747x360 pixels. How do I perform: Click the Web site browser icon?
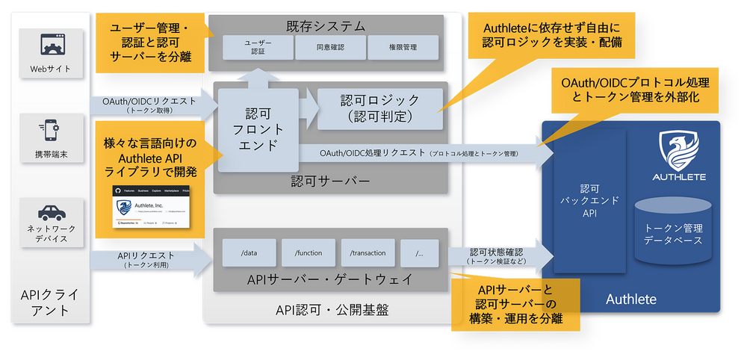[x=51, y=46]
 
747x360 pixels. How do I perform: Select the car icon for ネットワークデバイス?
[x=51, y=211]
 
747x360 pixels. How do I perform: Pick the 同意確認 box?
[x=329, y=48]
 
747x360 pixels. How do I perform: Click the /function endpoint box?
[x=308, y=253]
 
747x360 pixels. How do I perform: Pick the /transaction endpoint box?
[x=367, y=253]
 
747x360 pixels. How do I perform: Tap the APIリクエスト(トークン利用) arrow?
[x=149, y=259]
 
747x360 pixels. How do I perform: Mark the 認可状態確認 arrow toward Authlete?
[x=500, y=255]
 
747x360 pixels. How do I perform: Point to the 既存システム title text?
[x=326, y=26]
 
